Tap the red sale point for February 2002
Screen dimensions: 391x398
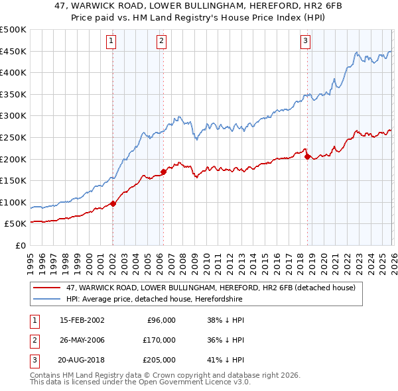[x=113, y=203]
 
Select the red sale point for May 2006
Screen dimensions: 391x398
[x=163, y=172]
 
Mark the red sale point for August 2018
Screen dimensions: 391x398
[x=307, y=156]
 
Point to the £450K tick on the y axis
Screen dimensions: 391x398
[x=13, y=51]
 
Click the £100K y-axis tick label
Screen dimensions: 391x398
[x=13, y=202]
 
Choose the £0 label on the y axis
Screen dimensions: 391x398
[x=21, y=245]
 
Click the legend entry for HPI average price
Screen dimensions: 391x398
[x=154, y=299]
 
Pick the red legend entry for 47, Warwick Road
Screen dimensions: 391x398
[x=211, y=288]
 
